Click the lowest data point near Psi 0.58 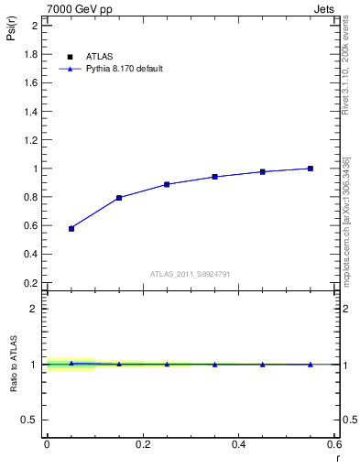click(x=71, y=228)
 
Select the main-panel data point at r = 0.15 click(x=119, y=198)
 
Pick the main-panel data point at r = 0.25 click(x=167, y=184)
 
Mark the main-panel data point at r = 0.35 click(x=215, y=177)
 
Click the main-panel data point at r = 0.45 click(x=263, y=171)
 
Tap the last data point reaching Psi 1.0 click(x=311, y=169)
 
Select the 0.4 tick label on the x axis click(x=238, y=444)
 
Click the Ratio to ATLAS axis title click(x=12, y=365)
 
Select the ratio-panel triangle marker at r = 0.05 click(x=71, y=363)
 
